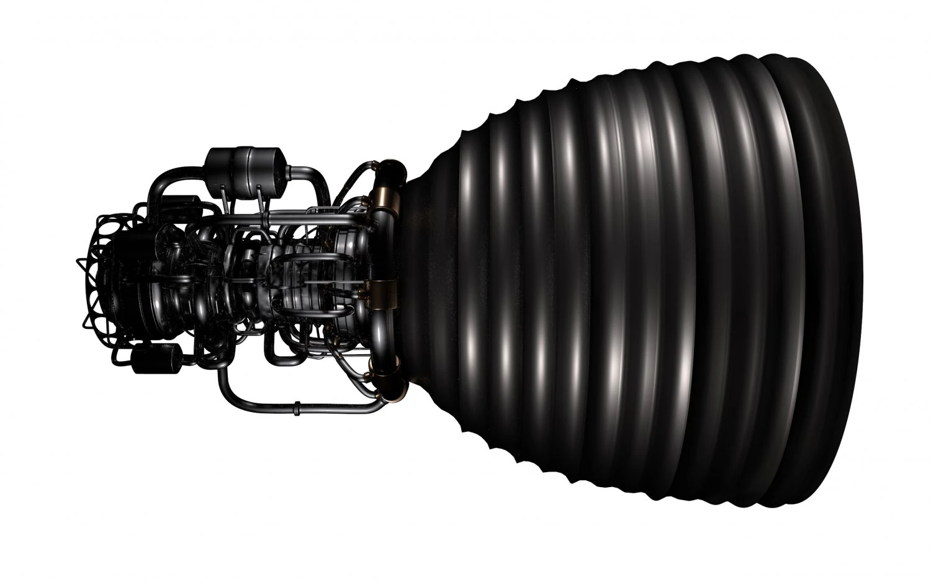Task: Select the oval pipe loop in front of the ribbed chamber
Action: coord(301,273)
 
